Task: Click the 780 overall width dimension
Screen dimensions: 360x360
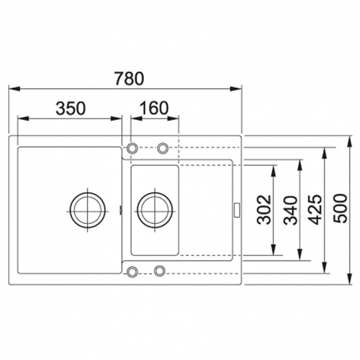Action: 129,78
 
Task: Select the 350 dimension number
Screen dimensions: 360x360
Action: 70,109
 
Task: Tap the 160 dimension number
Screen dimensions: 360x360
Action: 154,109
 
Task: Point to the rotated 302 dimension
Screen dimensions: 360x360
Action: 264,209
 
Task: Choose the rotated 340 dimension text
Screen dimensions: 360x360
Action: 290,210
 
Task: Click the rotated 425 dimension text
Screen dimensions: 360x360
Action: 314,209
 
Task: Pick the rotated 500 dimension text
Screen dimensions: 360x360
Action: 340,208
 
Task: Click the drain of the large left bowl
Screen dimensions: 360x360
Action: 87,210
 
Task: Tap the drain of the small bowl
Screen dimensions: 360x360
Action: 155,210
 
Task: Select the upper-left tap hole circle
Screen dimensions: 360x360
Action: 132,148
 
